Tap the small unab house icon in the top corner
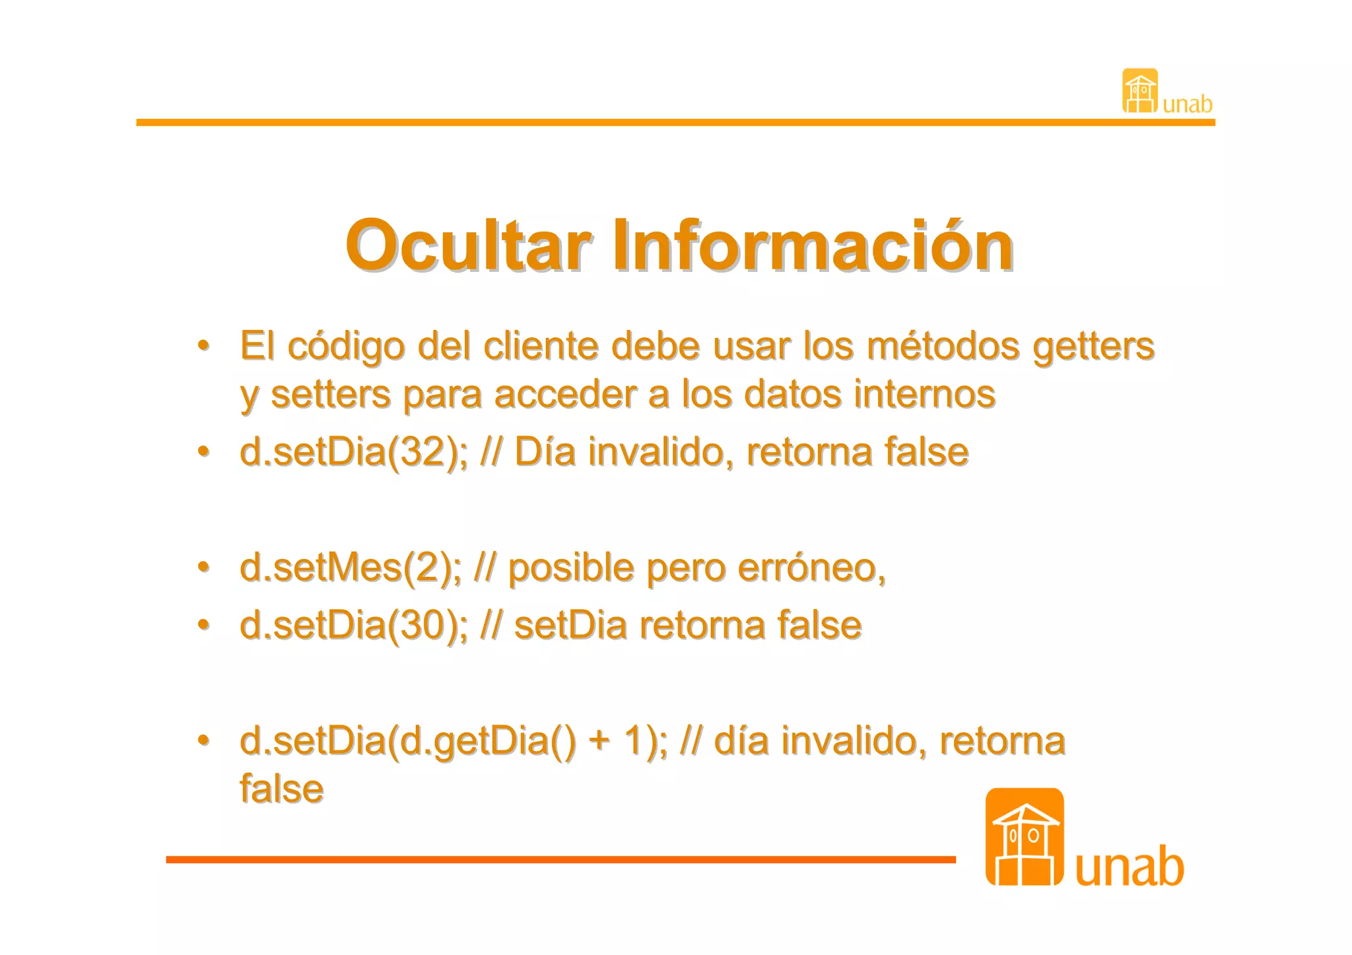click(x=1140, y=91)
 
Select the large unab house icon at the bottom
click(x=1025, y=838)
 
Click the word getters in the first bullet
click(x=1093, y=346)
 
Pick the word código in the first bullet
click(x=345, y=346)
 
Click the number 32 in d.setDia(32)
click(x=422, y=452)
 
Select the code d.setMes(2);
click(x=351, y=568)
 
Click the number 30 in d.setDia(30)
click(x=422, y=625)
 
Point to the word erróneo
click(x=811, y=568)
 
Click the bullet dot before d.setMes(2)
click(x=204, y=567)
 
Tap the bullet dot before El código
click(x=204, y=345)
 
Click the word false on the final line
click(x=282, y=789)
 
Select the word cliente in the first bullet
click(x=541, y=346)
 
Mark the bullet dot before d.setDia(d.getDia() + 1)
click(x=204, y=740)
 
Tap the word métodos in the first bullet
click(x=943, y=346)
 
